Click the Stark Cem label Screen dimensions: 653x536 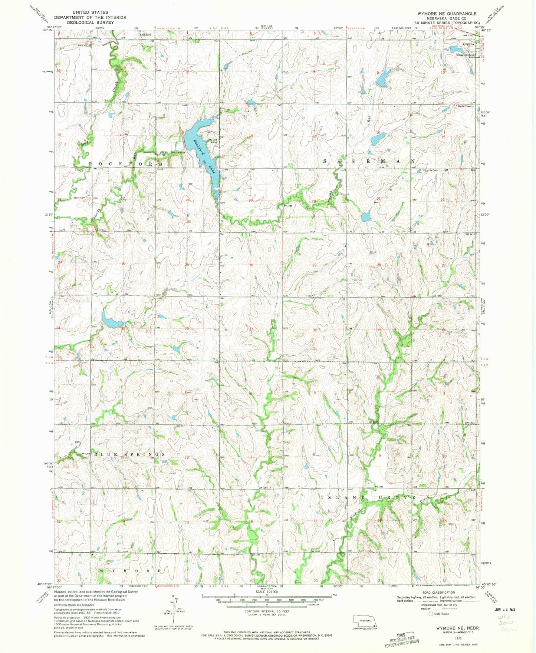(79, 198)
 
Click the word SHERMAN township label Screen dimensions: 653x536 (369, 162)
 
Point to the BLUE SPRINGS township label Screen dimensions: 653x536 (129, 454)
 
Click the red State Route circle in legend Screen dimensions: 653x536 (431, 614)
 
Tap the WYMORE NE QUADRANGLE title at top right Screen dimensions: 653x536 (447, 13)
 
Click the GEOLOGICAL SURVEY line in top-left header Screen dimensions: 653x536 (90, 22)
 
